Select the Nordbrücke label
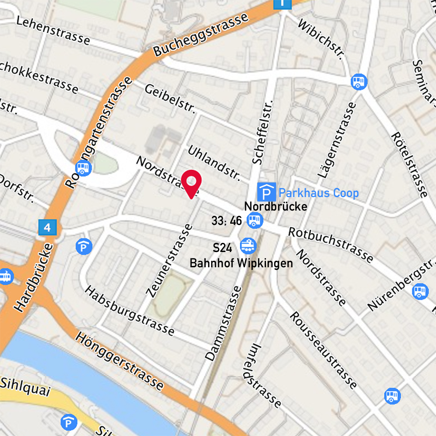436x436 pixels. coord(276,206)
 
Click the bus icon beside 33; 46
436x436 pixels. coord(255,221)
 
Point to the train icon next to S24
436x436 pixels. coord(248,246)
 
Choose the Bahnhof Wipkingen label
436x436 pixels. coord(241,263)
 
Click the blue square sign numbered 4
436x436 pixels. coord(48,227)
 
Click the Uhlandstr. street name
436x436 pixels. coord(214,163)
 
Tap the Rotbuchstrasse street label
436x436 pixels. coord(330,245)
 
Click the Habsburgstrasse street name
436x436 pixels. coord(129,310)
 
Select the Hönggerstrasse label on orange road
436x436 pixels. coord(119,360)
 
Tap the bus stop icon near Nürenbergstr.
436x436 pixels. coord(420,291)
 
